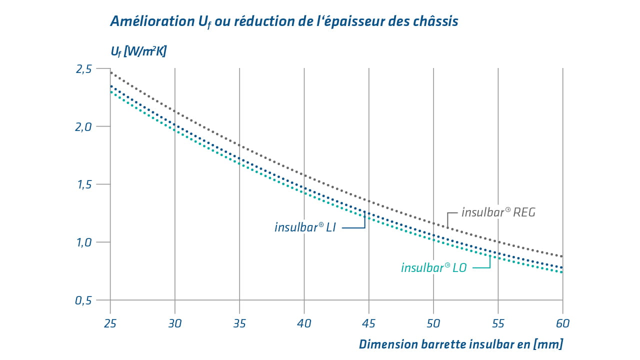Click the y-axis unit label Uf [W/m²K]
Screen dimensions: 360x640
[138, 51]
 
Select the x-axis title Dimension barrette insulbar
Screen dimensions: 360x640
[460, 344]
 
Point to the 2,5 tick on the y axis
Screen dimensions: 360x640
[83, 69]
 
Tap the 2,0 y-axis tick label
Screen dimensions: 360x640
[83, 127]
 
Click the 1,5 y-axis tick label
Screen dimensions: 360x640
[83, 184]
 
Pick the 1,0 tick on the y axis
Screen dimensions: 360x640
[83, 242]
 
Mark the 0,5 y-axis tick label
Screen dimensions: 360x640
[83, 300]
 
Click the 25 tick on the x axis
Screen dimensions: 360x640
[110, 323]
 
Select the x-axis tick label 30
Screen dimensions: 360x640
[174, 323]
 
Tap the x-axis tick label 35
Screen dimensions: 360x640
[239, 323]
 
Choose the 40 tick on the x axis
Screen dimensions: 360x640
[304, 323]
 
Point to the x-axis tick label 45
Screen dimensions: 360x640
[368, 323]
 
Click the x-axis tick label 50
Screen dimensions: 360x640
[433, 323]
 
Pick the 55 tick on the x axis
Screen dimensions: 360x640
[498, 323]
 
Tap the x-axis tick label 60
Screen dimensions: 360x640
[562, 323]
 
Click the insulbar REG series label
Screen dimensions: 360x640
[498, 212]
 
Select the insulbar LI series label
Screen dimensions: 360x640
[305, 227]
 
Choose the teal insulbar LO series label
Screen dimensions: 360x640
[433, 268]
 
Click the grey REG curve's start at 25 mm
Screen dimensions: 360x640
[110, 73]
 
